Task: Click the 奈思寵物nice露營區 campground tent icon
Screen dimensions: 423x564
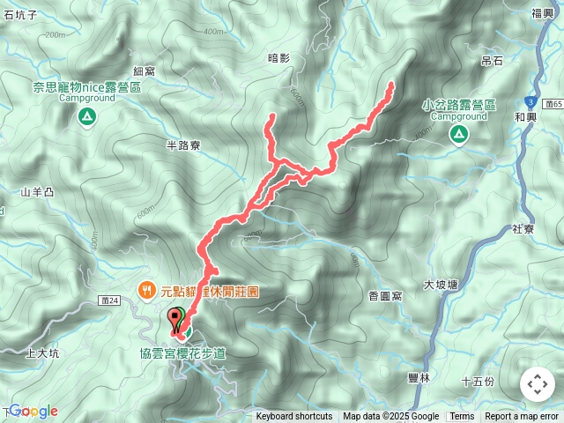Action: tap(86, 116)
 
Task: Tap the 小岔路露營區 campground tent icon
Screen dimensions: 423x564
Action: tap(458, 134)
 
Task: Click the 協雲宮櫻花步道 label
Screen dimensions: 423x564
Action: tap(194, 352)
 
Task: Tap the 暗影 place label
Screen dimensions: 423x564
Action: tap(278, 57)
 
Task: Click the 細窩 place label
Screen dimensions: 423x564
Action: tap(145, 70)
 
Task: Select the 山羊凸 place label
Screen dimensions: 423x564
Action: tap(38, 191)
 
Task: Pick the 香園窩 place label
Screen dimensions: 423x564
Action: tap(386, 296)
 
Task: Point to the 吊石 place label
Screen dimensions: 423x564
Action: tap(492, 61)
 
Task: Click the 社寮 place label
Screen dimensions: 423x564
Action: tap(523, 229)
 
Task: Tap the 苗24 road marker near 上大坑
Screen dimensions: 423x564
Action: tap(110, 301)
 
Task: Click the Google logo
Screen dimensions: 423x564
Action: tap(33, 411)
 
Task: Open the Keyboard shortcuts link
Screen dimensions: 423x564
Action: tap(294, 417)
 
